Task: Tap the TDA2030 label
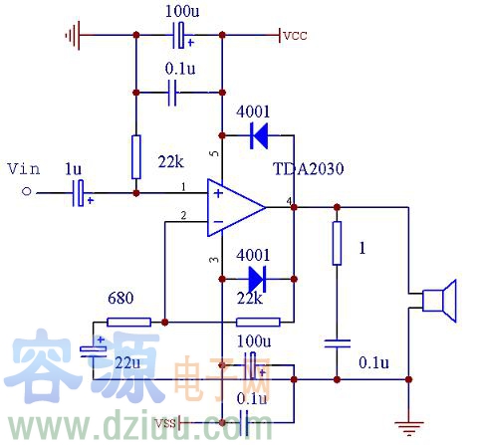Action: pos(309,168)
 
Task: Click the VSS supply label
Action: pos(167,423)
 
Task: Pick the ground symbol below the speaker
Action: pos(407,427)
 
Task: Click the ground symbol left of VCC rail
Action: pos(71,36)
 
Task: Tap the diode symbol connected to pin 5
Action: pos(258,133)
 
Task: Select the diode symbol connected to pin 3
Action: pos(256,276)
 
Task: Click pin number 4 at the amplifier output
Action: pos(290,202)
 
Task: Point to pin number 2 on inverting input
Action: pos(182,215)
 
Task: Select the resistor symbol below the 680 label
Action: pos(128,322)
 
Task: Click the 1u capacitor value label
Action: pos(74,170)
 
